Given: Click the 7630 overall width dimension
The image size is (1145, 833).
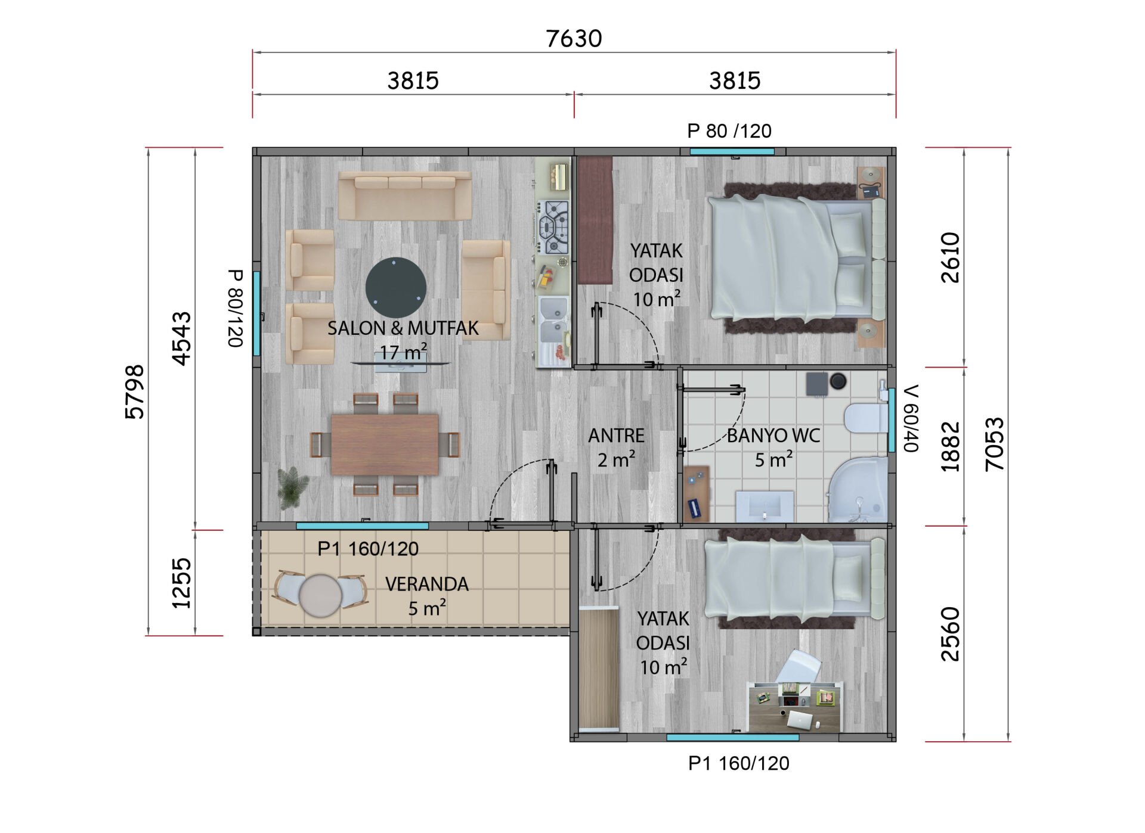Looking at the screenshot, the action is (574, 39).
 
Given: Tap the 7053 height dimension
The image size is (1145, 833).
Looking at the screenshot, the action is (994, 445).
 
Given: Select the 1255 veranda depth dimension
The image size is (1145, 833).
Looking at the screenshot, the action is (181, 583).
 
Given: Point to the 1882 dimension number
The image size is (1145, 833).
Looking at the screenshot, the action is (950, 447).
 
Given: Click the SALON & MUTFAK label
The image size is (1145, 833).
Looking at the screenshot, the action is (403, 328).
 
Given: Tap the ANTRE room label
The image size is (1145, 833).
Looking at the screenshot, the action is (616, 436).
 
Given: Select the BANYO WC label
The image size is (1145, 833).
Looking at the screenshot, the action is (773, 436).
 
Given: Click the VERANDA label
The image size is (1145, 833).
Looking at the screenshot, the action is (427, 585).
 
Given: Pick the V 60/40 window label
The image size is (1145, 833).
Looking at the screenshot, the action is (911, 418).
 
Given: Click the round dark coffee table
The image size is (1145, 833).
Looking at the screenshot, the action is (395, 287).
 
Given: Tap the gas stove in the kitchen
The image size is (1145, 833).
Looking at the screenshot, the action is (553, 227).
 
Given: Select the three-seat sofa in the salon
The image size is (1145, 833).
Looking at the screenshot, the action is (405, 196).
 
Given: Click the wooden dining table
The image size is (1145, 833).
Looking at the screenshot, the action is (385, 445).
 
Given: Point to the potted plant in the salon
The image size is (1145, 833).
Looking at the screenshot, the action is (292, 487).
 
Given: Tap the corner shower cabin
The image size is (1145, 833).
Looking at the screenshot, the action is (858, 490).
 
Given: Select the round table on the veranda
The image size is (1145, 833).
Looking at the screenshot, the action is (320, 595).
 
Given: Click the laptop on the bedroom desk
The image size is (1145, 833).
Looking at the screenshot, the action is (800, 720).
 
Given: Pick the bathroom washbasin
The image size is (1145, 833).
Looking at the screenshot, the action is (765, 506).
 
